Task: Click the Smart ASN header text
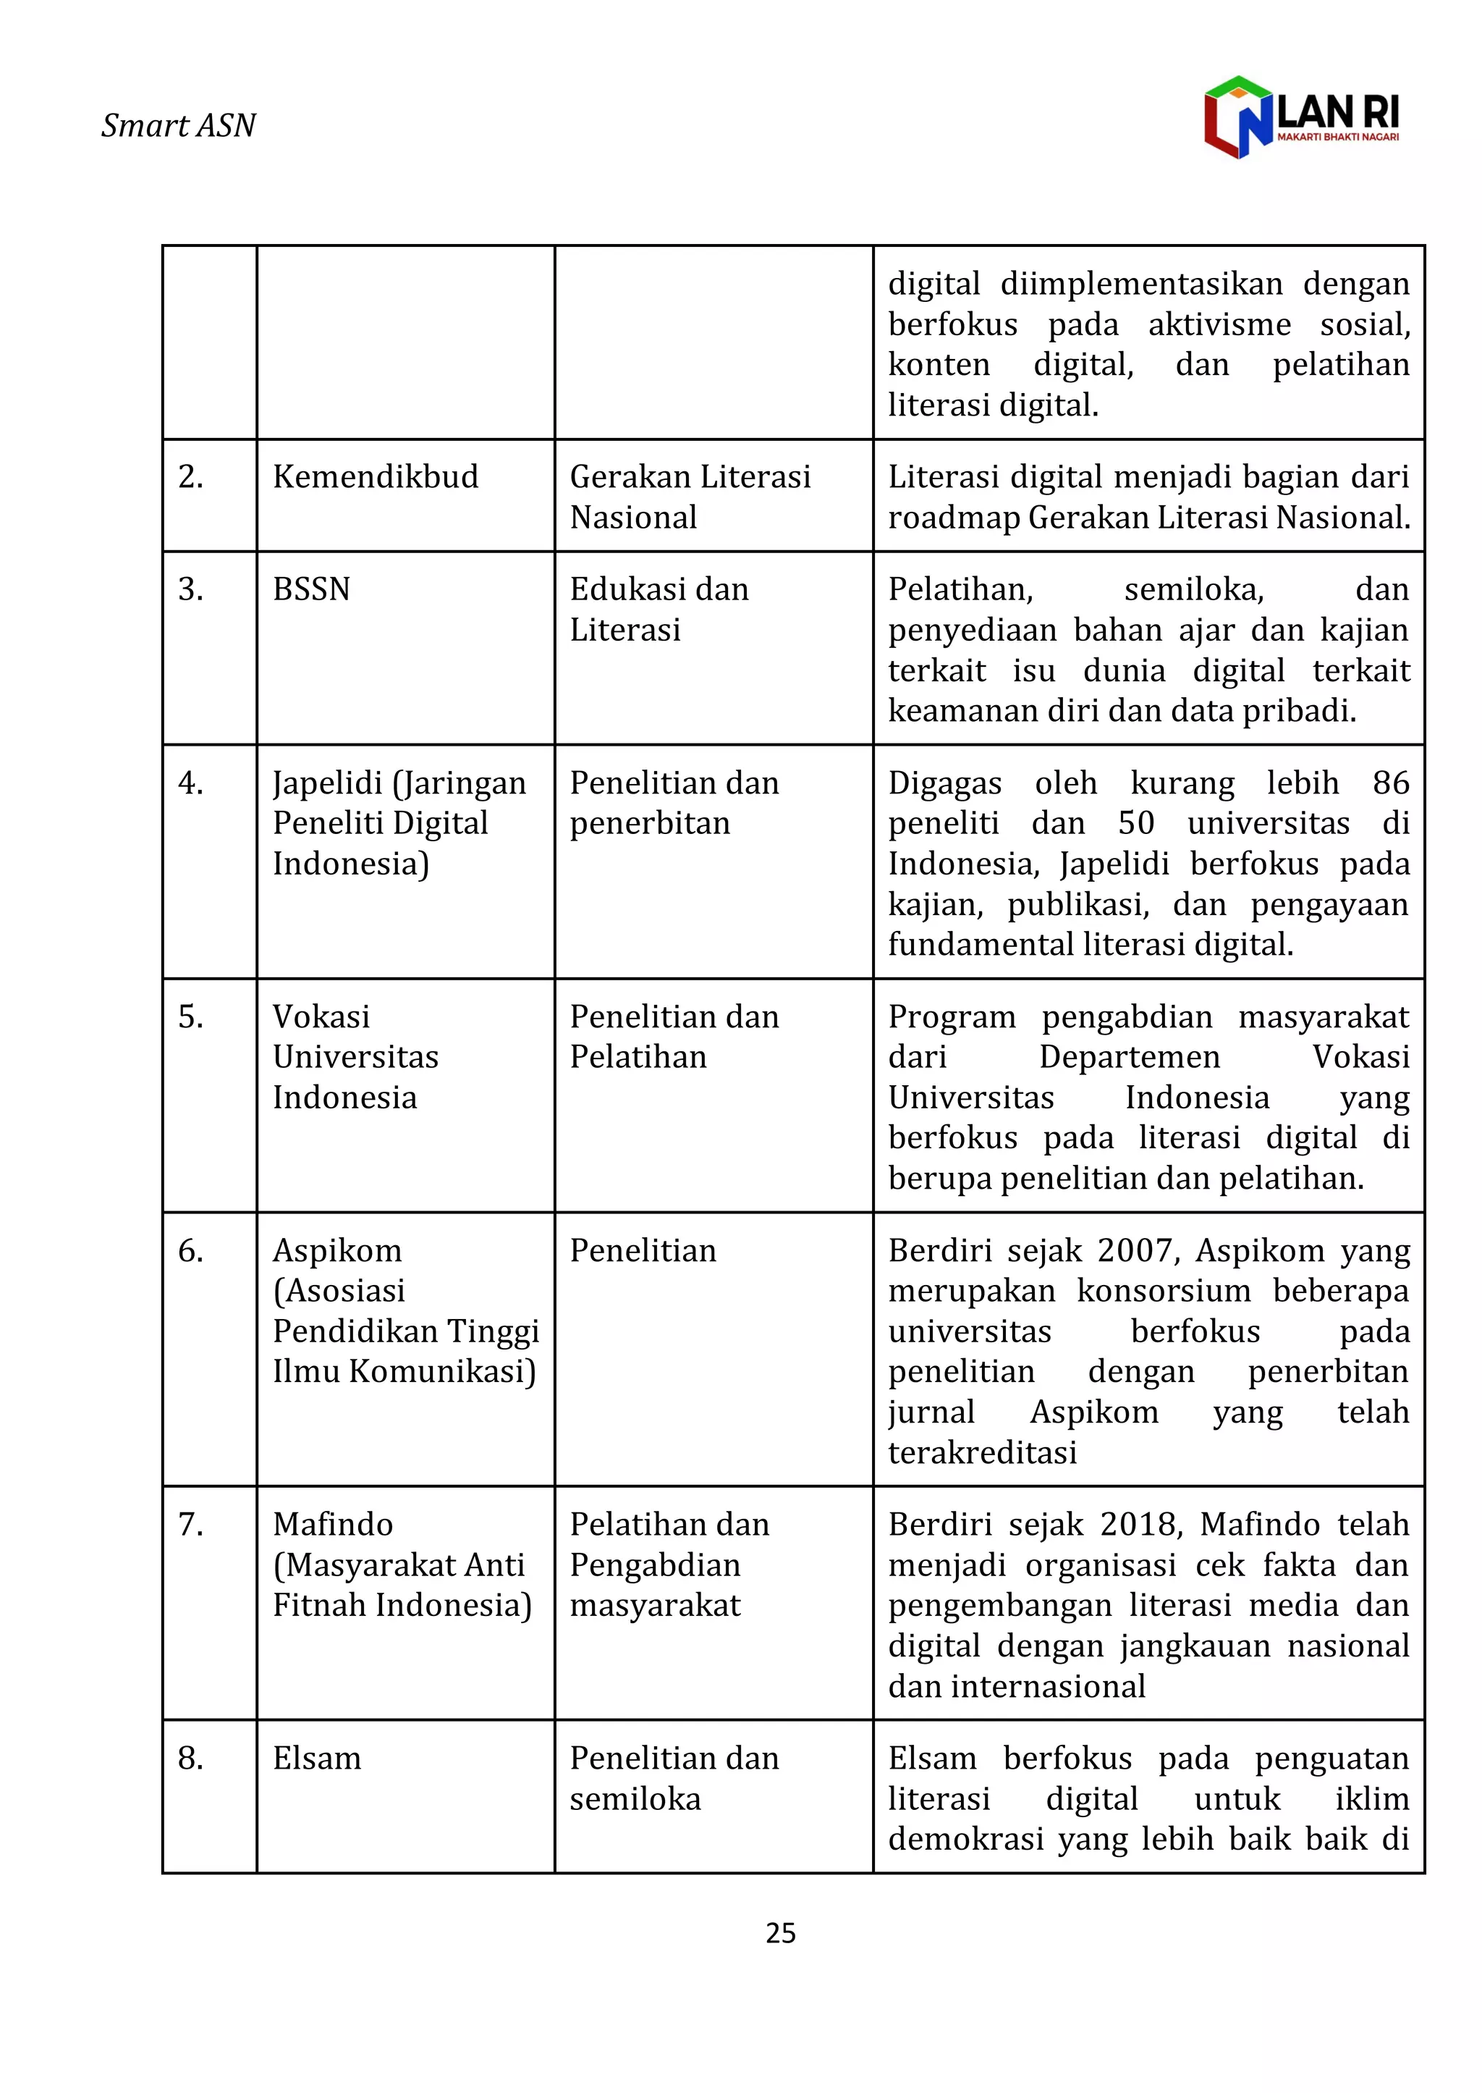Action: (x=178, y=125)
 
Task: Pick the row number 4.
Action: (x=191, y=783)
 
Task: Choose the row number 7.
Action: (x=191, y=1525)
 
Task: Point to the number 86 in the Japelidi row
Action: (x=1391, y=783)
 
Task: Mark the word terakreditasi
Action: (x=982, y=1452)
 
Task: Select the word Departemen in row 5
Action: (x=1129, y=1057)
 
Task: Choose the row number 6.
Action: (x=191, y=1250)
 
